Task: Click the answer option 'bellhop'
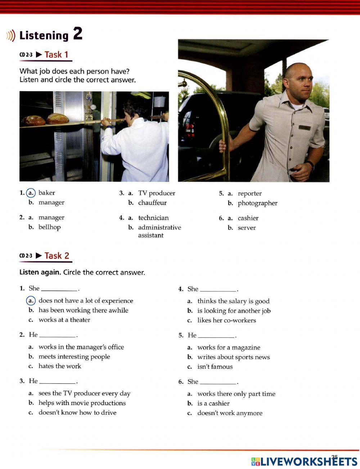(x=49, y=227)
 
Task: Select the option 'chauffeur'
(x=152, y=203)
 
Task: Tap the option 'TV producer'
(x=157, y=193)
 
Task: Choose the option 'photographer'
(x=257, y=203)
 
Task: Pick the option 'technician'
(x=153, y=218)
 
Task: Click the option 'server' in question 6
(x=247, y=228)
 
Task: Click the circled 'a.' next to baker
(x=31, y=193)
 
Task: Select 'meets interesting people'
(x=74, y=357)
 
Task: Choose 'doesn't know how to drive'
(x=77, y=413)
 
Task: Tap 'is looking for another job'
(x=234, y=311)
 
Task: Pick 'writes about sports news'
(x=233, y=358)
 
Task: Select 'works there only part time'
(x=236, y=394)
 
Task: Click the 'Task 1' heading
(x=56, y=55)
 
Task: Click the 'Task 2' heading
(x=57, y=256)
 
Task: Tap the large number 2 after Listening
(x=78, y=34)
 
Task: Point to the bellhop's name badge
(x=305, y=127)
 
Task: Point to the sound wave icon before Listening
(x=11, y=36)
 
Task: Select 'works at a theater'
(x=64, y=320)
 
